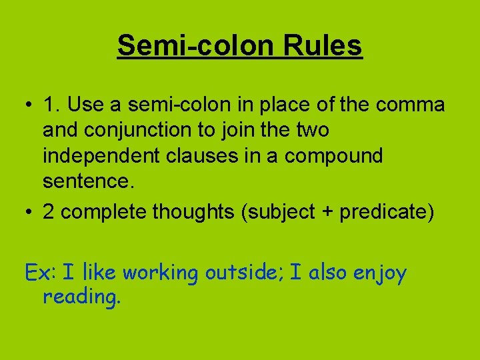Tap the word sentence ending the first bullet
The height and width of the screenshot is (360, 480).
(84, 181)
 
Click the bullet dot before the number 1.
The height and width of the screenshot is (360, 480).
(27, 105)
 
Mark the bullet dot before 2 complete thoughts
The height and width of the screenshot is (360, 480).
(27, 213)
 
